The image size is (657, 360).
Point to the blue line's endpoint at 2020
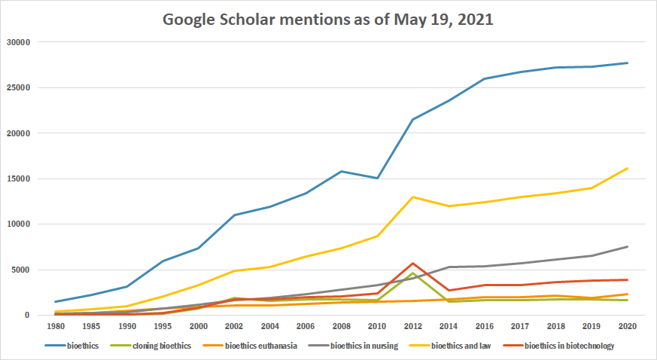click(x=628, y=63)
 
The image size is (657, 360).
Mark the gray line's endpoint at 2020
click(x=628, y=246)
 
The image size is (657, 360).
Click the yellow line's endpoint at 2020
click(x=628, y=168)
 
